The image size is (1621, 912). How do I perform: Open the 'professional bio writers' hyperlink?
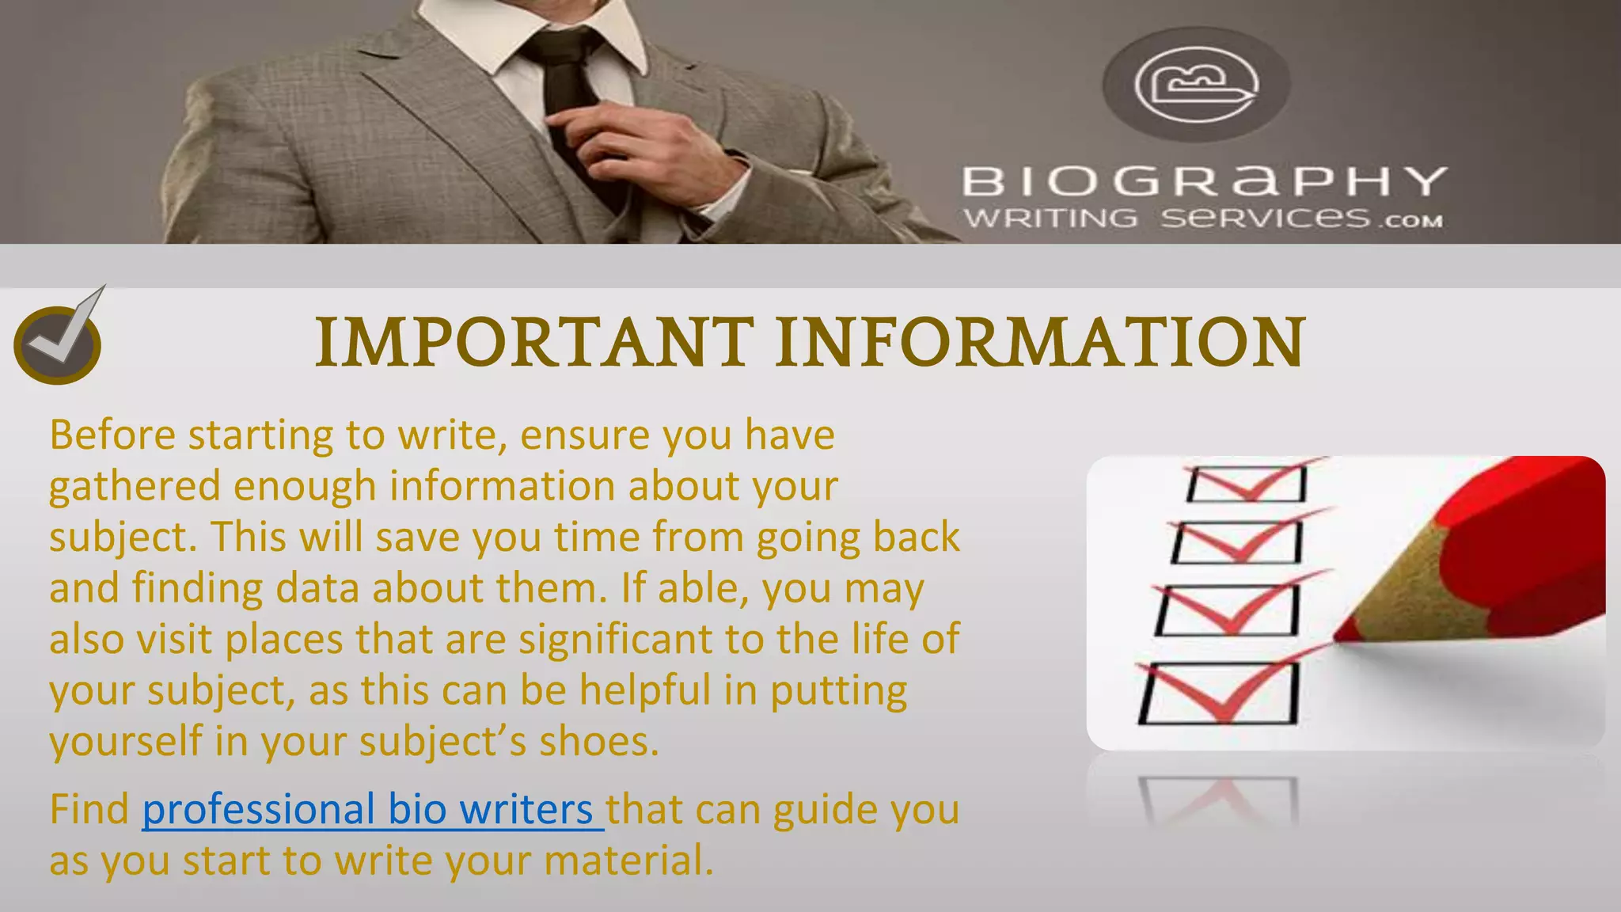[373, 810]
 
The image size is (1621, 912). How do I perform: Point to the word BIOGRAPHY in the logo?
[1204, 181]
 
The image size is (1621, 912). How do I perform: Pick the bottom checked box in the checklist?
[1219, 693]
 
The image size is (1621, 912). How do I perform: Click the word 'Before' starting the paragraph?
[112, 435]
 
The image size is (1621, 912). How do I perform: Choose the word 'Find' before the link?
[89, 810]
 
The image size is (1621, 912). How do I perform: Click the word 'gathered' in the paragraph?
[134, 486]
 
